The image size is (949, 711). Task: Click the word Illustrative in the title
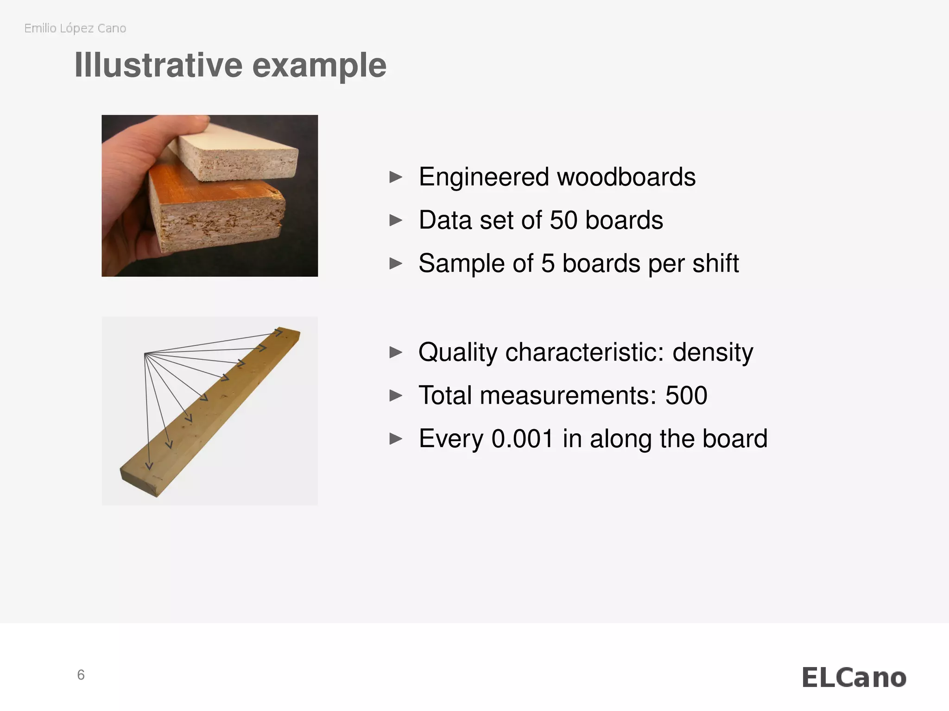click(x=158, y=65)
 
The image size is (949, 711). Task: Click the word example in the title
click(x=319, y=65)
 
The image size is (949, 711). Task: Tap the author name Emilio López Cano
click(x=75, y=28)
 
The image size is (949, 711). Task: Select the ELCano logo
click(x=854, y=678)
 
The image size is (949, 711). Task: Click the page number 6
click(x=81, y=675)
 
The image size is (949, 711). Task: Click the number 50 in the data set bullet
click(x=563, y=220)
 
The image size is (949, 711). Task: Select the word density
click(x=712, y=352)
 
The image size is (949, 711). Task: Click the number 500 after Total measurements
click(x=686, y=395)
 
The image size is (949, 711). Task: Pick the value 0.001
click(x=522, y=438)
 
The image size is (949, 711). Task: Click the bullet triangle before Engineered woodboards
click(x=396, y=177)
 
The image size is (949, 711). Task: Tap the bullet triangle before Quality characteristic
click(x=396, y=352)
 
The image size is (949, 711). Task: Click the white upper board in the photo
click(x=241, y=139)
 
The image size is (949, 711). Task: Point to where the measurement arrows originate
click(x=145, y=354)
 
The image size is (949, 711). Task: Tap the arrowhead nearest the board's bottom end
click(x=149, y=465)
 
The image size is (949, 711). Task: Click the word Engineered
click(x=484, y=177)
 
